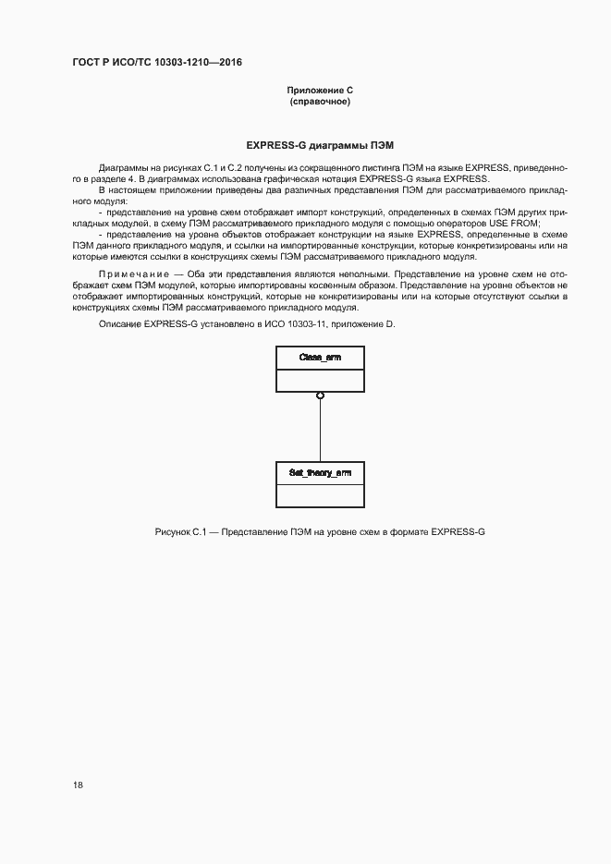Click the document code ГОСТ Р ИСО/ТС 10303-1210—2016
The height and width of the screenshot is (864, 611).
157,64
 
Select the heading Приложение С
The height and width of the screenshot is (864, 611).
320,90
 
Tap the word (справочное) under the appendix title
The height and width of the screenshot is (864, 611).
320,102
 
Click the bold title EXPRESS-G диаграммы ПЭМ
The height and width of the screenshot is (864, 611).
320,145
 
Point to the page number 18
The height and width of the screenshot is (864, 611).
78,785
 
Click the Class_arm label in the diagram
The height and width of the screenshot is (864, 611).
320,358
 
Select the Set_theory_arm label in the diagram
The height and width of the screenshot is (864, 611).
320,473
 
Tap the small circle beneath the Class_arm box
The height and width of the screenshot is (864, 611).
320,395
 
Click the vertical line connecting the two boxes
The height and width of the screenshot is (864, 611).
320,430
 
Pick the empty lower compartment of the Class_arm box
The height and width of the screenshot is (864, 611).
320,380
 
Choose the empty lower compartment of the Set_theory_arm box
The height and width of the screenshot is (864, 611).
320,495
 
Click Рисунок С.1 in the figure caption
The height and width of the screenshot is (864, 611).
180,533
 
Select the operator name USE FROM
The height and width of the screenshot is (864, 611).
516,224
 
